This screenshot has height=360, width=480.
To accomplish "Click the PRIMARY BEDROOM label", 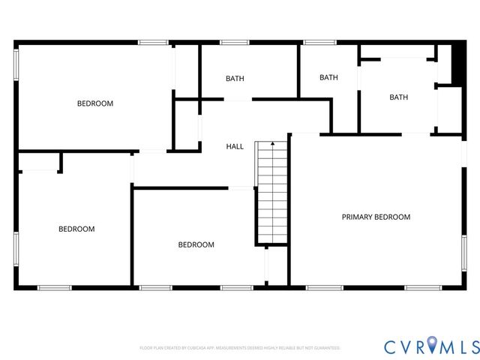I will [x=376, y=217].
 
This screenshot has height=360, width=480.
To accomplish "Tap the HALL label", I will [x=235, y=146].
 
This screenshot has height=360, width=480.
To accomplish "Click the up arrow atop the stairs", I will [x=272, y=142].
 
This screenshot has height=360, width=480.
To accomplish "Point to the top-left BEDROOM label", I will [x=95, y=103].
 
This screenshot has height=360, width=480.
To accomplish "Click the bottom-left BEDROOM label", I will [x=76, y=229].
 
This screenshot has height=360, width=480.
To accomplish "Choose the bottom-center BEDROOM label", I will [x=196, y=244].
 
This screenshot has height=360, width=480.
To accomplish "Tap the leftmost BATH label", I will [x=235, y=79].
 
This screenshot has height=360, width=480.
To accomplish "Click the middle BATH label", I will [x=328, y=77].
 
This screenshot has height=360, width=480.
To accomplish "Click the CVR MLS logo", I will [x=430, y=346].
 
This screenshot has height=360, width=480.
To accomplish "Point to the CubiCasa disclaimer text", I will [x=240, y=348].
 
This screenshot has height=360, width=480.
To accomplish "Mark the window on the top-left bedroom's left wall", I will [x=16, y=64].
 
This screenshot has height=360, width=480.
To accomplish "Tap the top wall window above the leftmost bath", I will [x=234, y=43].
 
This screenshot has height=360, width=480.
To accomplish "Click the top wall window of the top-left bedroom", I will [x=153, y=43].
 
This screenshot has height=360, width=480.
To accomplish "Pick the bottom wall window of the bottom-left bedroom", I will [x=54, y=288].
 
